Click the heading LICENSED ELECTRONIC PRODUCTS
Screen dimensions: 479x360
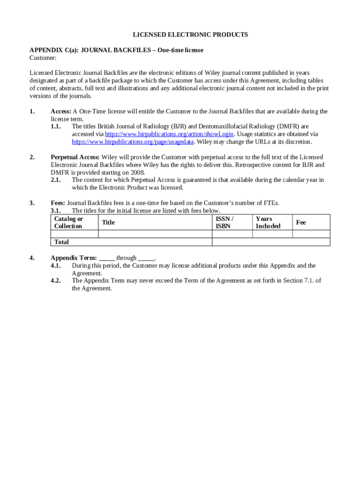point(190,35)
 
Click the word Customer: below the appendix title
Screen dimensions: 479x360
point(43,58)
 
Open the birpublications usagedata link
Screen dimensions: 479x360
point(132,142)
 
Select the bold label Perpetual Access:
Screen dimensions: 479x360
point(75,158)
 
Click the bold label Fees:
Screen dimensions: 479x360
point(58,203)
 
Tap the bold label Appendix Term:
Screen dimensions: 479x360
point(73,258)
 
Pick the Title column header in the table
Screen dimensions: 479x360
point(108,223)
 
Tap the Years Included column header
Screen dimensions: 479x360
point(268,223)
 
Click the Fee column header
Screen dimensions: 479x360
point(301,223)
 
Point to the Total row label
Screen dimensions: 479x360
point(61,242)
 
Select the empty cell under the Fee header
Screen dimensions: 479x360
point(311,234)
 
